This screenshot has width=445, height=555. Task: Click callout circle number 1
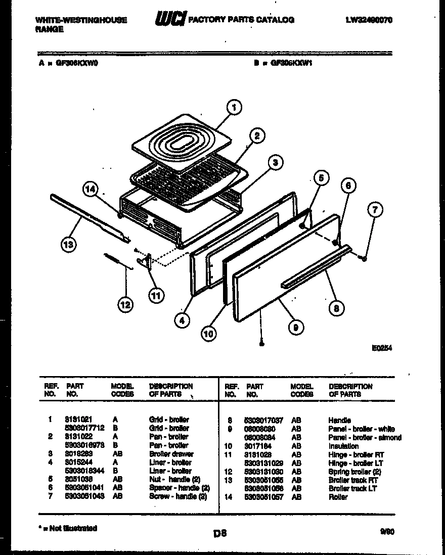tap(233, 107)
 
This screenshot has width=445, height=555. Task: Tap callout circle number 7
tap(375, 209)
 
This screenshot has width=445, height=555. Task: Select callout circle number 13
tap(68, 245)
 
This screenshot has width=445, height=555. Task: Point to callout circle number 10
tap(208, 333)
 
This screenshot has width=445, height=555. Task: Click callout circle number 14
tap(90, 190)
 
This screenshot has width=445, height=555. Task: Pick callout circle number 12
tap(125, 304)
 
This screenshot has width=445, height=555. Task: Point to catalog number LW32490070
tap(369, 20)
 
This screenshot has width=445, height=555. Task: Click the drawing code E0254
tap(382, 348)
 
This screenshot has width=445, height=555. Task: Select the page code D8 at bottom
tap(220, 532)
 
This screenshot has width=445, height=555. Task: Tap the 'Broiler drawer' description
tap(171, 454)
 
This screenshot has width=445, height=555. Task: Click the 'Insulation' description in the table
tap(343, 446)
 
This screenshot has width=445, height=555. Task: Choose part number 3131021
tap(78, 420)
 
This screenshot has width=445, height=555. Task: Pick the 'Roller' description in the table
tap(338, 497)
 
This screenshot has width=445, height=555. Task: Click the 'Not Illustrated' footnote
tap(68, 528)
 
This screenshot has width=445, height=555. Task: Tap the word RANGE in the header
tap(50, 29)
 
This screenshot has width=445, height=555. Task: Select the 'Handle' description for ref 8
tap(339, 420)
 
